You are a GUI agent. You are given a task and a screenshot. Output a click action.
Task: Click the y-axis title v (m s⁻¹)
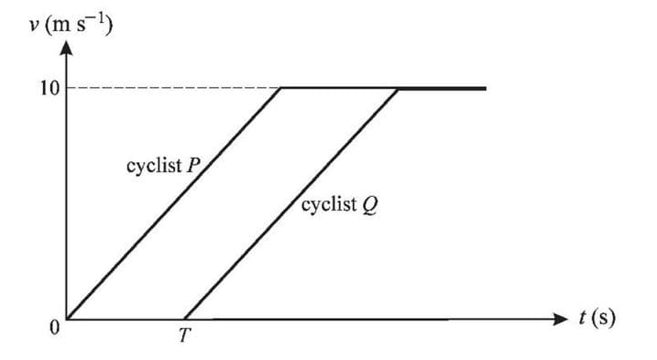click(70, 25)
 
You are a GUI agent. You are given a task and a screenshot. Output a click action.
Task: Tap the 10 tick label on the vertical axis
click(49, 89)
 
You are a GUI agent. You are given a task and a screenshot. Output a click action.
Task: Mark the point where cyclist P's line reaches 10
click(281, 89)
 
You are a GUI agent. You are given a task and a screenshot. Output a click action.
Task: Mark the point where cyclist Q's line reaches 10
click(399, 89)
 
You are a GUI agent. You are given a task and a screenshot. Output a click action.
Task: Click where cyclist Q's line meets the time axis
click(184, 319)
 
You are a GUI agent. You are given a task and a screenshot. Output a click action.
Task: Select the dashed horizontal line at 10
click(174, 89)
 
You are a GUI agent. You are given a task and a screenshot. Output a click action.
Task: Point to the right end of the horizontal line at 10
click(485, 89)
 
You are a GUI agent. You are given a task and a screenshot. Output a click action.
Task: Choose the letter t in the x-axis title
click(584, 318)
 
